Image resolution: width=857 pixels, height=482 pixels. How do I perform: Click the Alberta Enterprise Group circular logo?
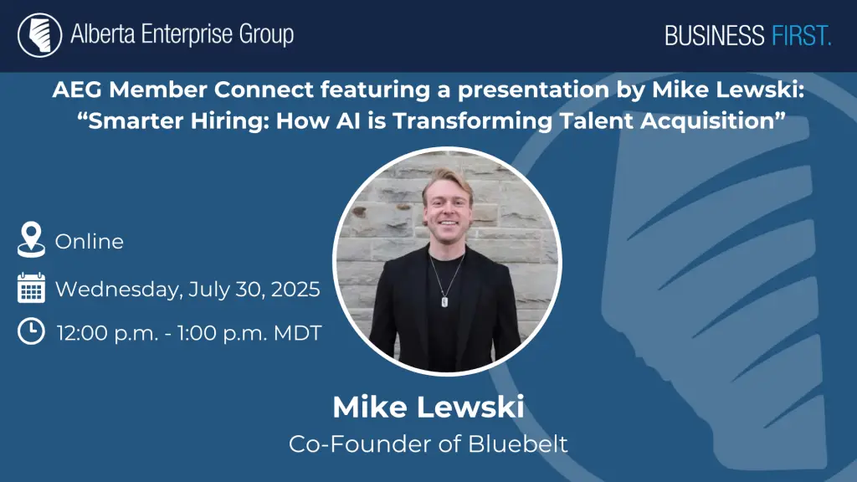click(40, 35)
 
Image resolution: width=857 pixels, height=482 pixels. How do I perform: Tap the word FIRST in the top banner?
click(801, 36)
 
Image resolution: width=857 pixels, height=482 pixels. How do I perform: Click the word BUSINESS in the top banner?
click(715, 36)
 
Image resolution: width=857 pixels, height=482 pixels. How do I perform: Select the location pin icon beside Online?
click(31, 239)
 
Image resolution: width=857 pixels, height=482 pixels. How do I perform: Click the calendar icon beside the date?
click(31, 288)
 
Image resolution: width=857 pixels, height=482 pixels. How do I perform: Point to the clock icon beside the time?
click(31, 331)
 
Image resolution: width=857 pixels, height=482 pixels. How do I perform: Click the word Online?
click(89, 242)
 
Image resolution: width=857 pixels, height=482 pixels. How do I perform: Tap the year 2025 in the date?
click(295, 289)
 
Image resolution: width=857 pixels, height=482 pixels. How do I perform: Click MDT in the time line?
click(297, 333)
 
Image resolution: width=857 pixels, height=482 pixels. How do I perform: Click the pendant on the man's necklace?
click(444, 301)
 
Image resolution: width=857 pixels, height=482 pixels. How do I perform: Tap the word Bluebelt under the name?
click(518, 444)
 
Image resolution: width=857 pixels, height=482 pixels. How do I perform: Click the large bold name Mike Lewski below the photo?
click(428, 408)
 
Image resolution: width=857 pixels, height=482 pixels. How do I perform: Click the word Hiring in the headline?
click(230, 120)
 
